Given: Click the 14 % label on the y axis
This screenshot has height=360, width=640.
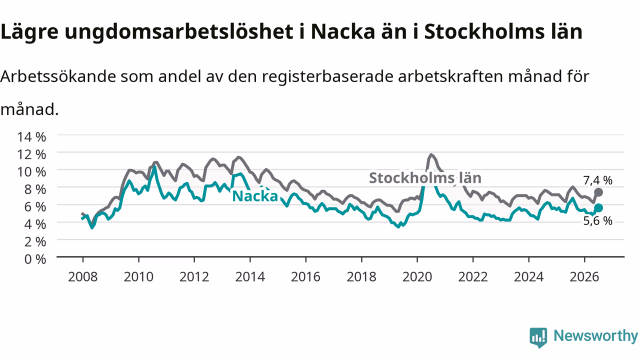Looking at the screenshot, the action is [x=31, y=137].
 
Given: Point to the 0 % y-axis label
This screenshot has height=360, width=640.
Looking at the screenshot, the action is [x=35, y=259].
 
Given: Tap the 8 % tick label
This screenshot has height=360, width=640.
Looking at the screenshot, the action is [x=35, y=189].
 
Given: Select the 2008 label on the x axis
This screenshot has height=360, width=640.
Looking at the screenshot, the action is [x=83, y=277].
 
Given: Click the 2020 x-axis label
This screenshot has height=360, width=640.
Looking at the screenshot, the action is [x=417, y=277].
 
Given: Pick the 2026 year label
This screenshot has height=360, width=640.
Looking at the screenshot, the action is [x=584, y=277].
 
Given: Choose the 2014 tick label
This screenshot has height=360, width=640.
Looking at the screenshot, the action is [x=250, y=277].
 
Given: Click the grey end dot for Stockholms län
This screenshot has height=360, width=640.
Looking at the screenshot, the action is [x=598, y=192].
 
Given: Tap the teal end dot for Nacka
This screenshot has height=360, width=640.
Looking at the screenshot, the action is [x=598, y=208].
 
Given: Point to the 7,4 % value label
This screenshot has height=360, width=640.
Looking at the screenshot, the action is [x=597, y=180].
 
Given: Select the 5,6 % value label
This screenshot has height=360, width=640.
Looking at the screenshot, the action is [x=597, y=221].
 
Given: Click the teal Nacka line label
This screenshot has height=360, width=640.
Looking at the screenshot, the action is [x=255, y=196].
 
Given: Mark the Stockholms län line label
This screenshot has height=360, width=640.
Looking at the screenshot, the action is [x=425, y=178].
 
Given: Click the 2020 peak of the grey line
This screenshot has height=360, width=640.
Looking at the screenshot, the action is [x=431, y=154].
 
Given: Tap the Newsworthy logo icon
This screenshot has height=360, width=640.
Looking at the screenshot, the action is [x=538, y=337].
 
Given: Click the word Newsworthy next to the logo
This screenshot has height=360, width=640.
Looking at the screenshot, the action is [x=595, y=335].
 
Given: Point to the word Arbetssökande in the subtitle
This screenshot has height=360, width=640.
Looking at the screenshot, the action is [x=58, y=76].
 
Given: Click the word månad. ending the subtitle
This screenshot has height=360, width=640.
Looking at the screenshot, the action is [x=29, y=109].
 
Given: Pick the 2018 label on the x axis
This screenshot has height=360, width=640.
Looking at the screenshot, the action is [x=361, y=277].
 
